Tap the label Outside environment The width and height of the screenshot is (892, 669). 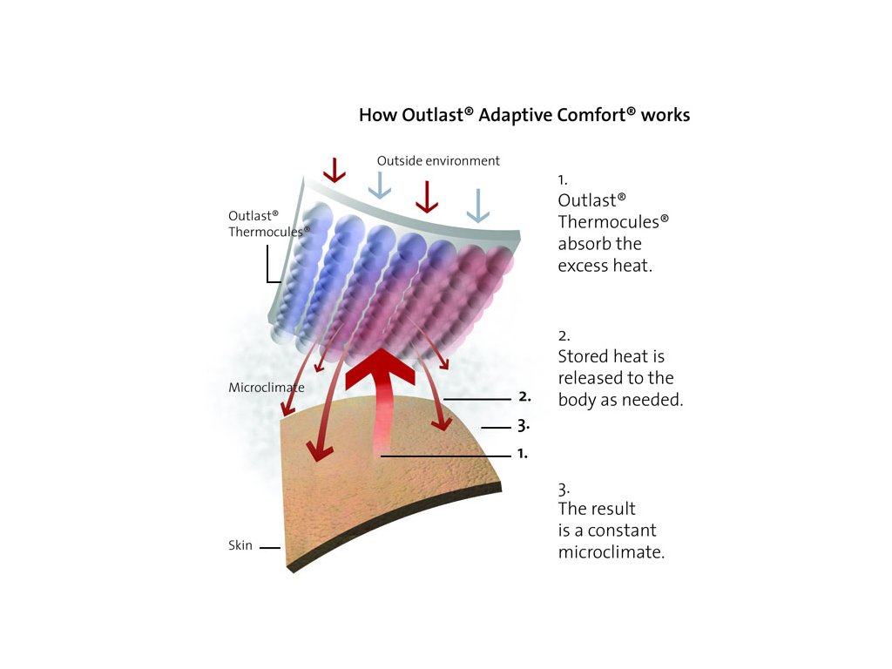coord(438,161)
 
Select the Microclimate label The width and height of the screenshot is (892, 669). coord(267,387)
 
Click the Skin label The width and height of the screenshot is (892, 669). coord(240,546)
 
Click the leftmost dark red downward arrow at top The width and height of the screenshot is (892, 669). coord(334,169)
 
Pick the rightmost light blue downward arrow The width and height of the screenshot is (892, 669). coord(477,206)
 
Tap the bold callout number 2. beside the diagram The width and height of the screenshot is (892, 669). coord(524,396)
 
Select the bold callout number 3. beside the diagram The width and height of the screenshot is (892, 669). coord(524,427)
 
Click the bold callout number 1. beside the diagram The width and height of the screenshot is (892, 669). coord(522,454)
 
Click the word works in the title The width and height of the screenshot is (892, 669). coord(666,115)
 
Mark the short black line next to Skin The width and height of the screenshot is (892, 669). coord(269,548)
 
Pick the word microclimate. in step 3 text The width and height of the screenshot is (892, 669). coord(612,552)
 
